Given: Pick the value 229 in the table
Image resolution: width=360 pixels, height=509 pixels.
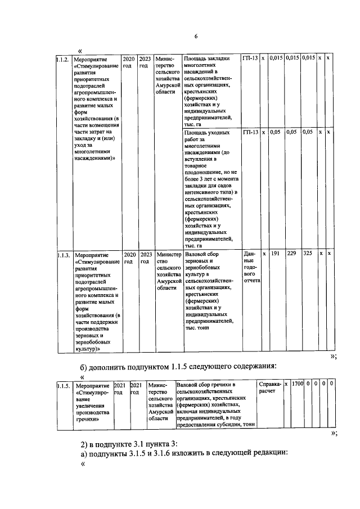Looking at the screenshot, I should [291, 254].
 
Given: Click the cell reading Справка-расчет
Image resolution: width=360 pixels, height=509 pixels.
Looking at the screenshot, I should [269, 388].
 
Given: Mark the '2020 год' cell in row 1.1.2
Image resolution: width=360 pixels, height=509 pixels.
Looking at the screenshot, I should [129, 62].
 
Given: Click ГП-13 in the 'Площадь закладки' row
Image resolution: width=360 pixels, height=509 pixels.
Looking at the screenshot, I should [250, 58].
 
